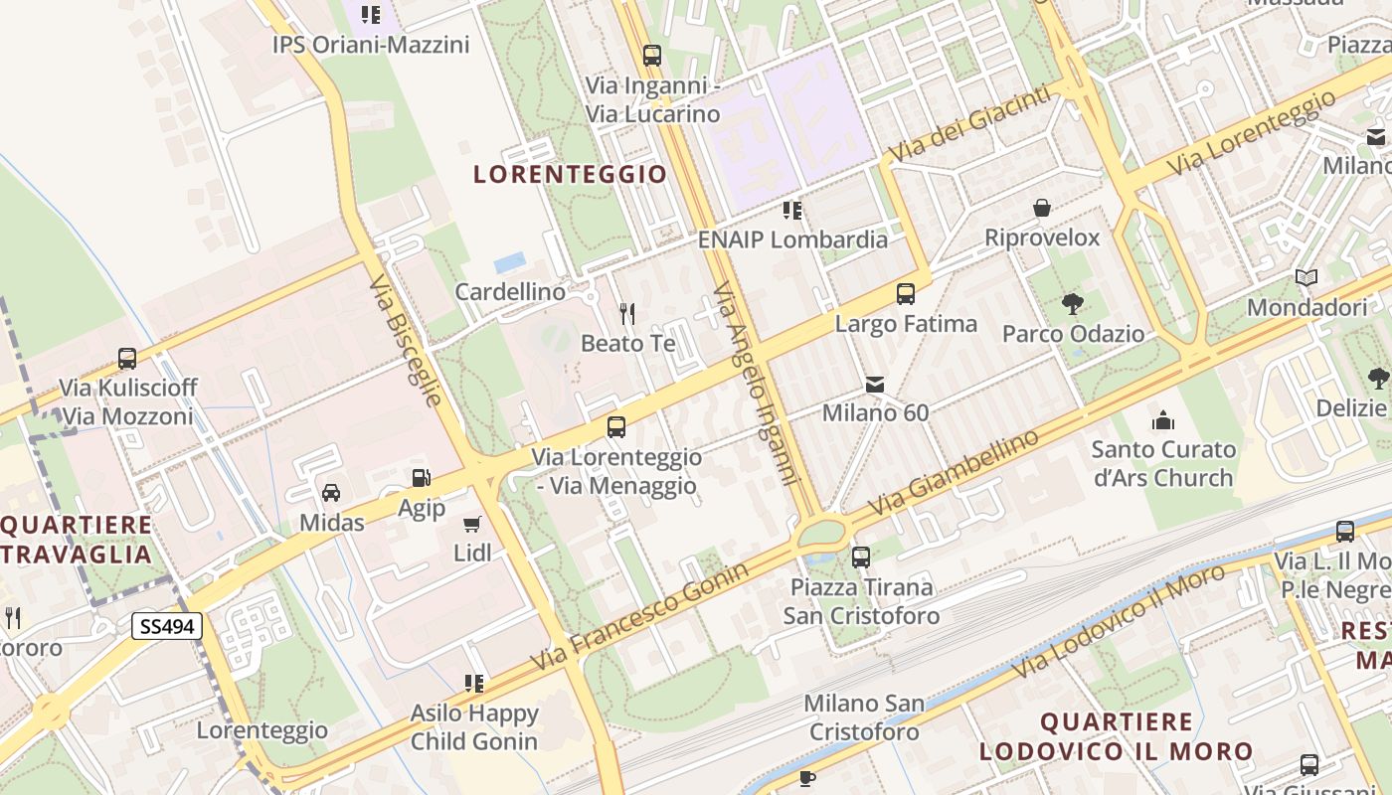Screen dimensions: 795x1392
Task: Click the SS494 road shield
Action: [167, 626]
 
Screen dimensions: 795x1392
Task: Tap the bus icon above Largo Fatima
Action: [905, 294]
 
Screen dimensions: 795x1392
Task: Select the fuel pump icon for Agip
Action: [422, 478]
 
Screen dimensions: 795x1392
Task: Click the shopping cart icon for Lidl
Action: [472, 524]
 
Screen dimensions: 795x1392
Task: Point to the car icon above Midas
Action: [331, 492]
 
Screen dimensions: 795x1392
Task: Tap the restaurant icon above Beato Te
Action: [627, 314]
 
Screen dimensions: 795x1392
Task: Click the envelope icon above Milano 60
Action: [875, 384]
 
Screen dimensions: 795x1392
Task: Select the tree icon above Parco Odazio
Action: [1072, 304]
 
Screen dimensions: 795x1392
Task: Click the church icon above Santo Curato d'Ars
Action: [1162, 420]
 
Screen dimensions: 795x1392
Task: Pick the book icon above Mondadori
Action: [1305, 278]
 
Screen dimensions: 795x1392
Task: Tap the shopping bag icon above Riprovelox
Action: [1042, 209]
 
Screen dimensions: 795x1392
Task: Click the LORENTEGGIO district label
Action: [570, 175]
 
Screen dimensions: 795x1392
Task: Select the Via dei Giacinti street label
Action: [969, 124]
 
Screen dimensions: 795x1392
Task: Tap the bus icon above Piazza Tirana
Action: [861, 557]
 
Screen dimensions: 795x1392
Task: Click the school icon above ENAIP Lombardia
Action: [792, 211]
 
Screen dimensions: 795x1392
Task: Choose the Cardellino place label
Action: [510, 292]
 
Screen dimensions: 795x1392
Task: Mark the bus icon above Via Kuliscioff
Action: [127, 359]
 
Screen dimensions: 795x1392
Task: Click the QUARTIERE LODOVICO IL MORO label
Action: [1117, 736]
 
